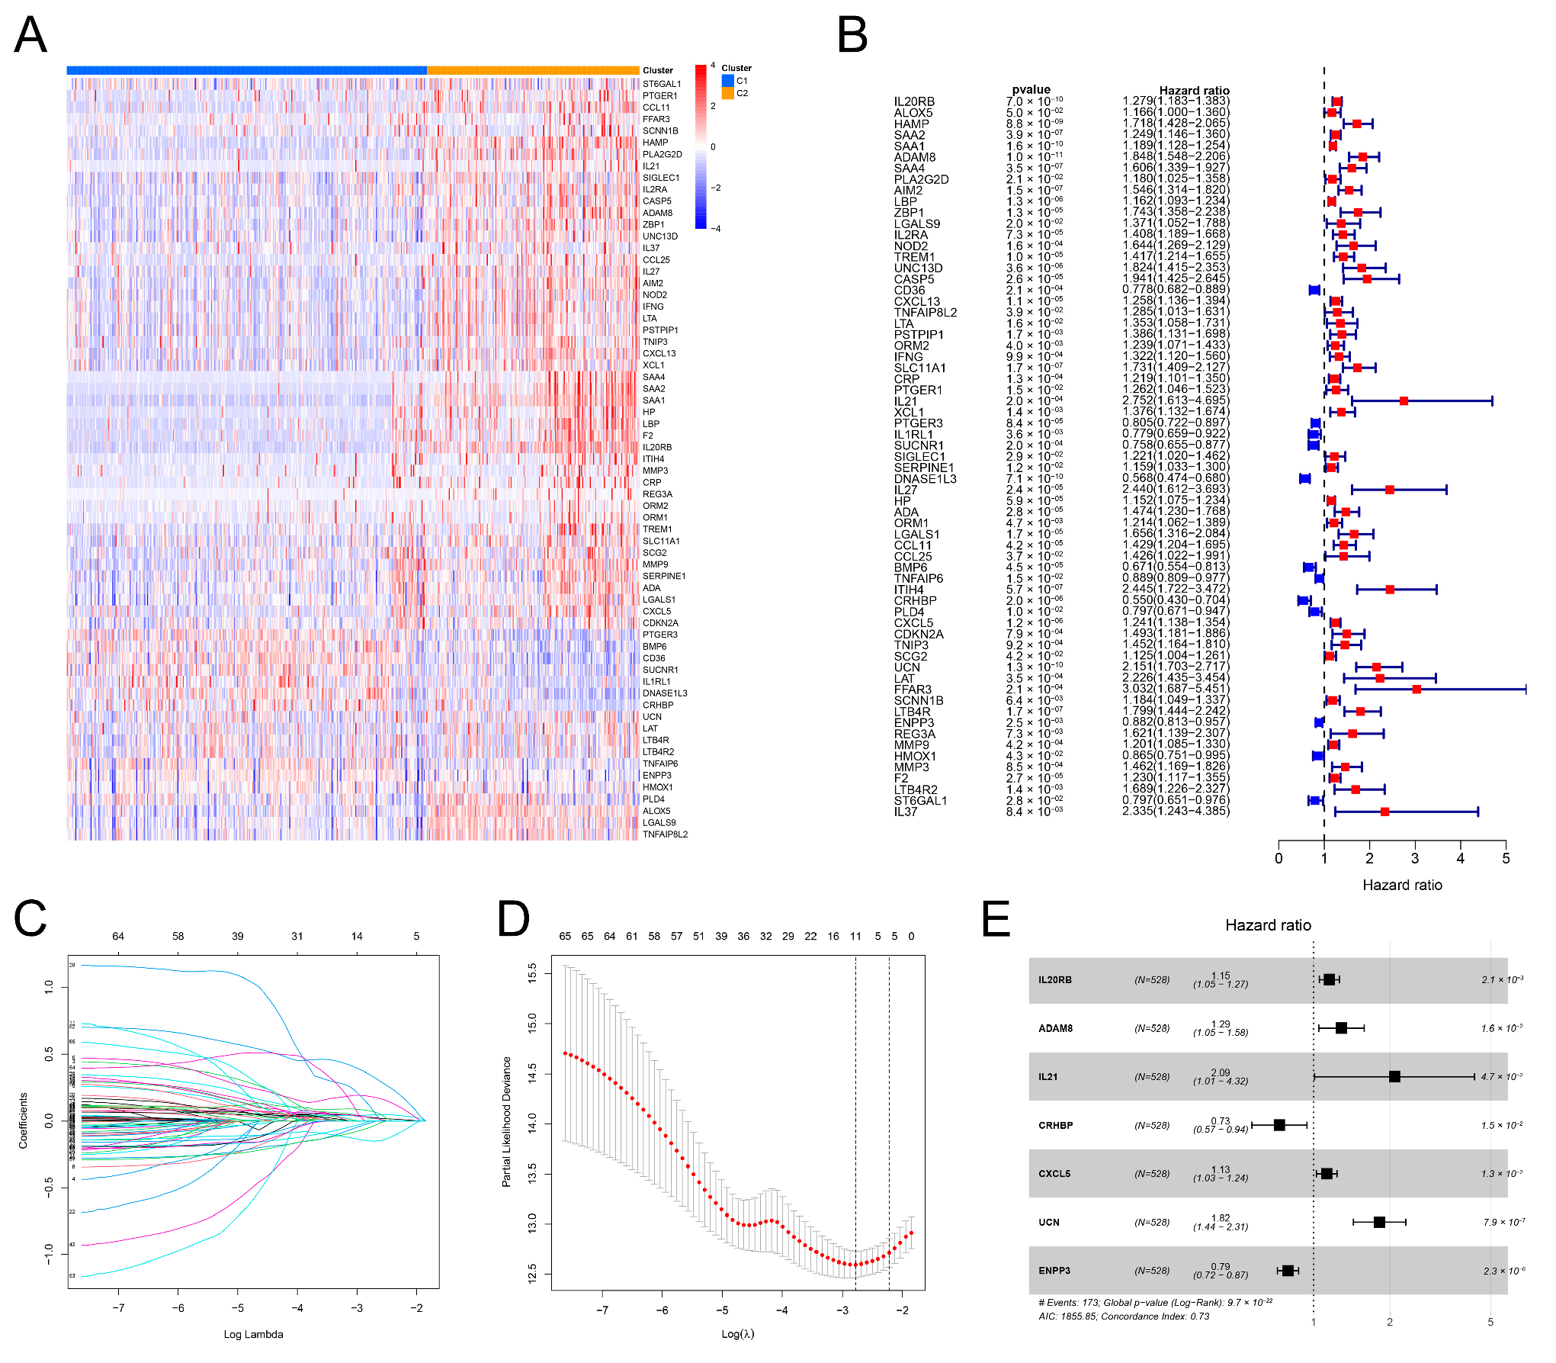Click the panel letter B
(852, 35)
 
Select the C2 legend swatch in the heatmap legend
(728, 93)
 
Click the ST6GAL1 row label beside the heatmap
(661, 84)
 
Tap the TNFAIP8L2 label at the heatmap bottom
(665, 834)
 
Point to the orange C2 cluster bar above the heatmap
(532, 70)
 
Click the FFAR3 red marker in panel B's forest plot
(1416, 689)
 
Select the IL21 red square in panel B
(1404, 400)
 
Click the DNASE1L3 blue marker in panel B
(1305, 478)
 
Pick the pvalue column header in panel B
(1031, 89)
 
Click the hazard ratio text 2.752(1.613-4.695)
(1175, 400)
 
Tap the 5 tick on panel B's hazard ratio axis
(1506, 859)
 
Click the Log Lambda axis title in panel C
(253, 1334)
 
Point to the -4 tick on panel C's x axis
(297, 1307)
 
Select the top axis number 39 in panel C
(238, 936)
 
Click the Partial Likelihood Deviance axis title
(506, 1121)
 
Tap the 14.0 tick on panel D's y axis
(532, 1121)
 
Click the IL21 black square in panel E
(1394, 1076)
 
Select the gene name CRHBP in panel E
(1055, 1125)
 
